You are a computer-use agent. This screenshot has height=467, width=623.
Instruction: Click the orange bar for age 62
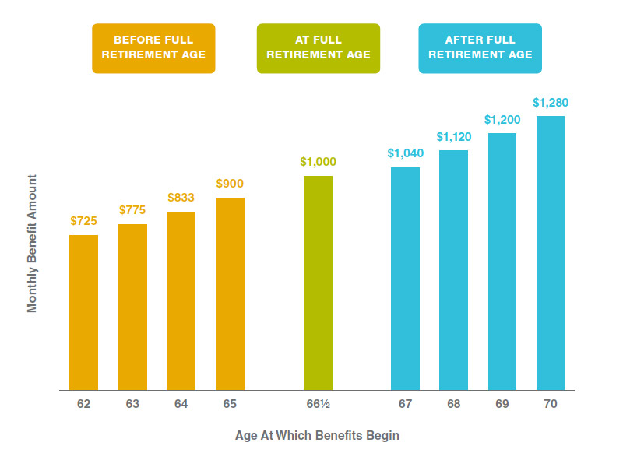(x=83, y=311)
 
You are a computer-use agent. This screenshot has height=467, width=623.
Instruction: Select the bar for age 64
(x=181, y=300)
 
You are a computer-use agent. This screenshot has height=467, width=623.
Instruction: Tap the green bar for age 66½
(x=318, y=282)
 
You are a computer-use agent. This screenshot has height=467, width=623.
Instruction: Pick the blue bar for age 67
(x=405, y=278)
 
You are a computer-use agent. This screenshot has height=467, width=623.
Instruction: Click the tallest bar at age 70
(x=551, y=252)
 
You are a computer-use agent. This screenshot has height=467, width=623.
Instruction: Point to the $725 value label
(x=84, y=221)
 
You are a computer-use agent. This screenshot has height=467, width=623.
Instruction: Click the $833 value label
(x=181, y=198)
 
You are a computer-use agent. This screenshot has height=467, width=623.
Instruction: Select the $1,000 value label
(x=318, y=162)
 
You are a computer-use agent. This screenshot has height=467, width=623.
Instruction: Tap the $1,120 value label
(x=453, y=136)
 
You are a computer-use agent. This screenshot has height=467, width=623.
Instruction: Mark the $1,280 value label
(x=551, y=102)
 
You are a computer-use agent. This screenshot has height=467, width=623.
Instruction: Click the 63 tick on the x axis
(x=132, y=405)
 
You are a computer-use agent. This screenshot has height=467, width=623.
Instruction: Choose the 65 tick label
(x=230, y=405)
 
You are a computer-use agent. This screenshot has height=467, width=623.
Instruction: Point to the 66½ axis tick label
(x=318, y=405)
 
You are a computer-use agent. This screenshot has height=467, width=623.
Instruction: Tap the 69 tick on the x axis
(x=502, y=405)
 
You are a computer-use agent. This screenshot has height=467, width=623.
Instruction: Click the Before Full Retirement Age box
(x=153, y=47)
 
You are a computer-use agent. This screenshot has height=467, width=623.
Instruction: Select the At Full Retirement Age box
(x=319, y=47)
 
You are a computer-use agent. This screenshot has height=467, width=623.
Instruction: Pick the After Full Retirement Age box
(x=480, y=47)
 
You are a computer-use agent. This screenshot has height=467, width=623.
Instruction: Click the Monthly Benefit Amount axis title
(x=32, y=243)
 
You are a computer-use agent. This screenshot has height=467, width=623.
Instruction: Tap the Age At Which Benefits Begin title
(x=317, y=435)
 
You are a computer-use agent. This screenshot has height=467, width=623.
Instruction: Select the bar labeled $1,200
(x=502, y=261)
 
